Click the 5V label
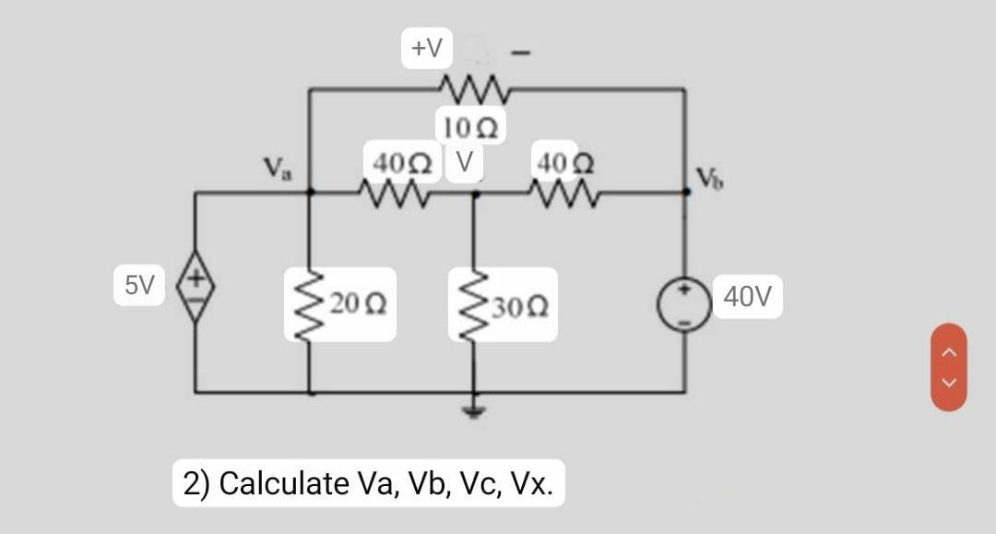[139, 284]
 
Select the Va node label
[274, 169]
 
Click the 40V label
[747, 297]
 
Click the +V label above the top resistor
[426, 47]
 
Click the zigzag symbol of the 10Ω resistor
[472, 89]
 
